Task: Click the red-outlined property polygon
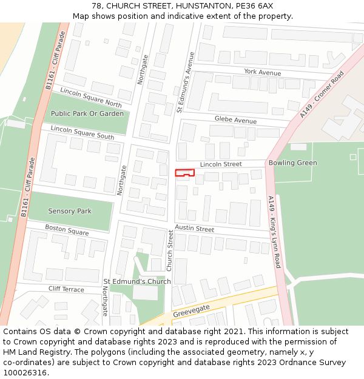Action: pos(184,173)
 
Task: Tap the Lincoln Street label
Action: pos(221,164)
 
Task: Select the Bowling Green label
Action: pos(292,163)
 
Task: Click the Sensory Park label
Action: pos(70,211)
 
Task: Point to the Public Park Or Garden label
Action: pos(87,113)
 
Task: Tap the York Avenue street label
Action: pos(263,72)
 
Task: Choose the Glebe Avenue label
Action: pos(235,120)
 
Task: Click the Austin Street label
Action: pos(195,229)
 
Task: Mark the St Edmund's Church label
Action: pos(137,281)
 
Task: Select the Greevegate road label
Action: pos(191,312)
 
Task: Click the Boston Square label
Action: pos(67,231)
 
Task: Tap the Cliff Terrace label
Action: pos(66,289)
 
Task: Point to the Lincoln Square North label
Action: pos(91,97)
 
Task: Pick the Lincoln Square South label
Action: pos(82,132)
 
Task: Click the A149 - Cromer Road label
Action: pos(322,95)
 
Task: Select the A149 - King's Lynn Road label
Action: pos(274,232)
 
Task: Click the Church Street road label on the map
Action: pos(170,250)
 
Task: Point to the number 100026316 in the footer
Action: pos(25,372)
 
